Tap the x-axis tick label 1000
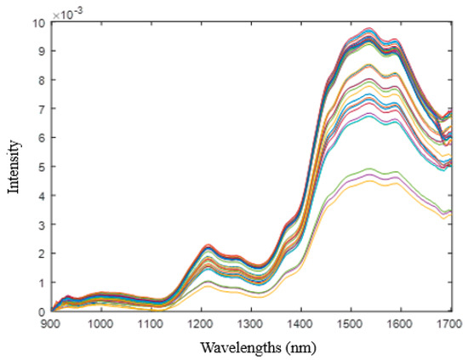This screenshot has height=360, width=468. tap(101, 324)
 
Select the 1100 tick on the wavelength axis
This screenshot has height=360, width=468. tap(151, 324)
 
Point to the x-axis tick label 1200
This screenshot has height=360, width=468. tap(201, 324)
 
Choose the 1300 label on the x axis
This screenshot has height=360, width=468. tap(251, 324)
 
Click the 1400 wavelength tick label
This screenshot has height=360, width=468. tap(300, 324)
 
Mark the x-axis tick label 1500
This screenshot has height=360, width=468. tap(351, 324)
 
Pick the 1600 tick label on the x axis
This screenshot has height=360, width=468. tap(400, 324)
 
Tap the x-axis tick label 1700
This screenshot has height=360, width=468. tap(449, 324)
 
